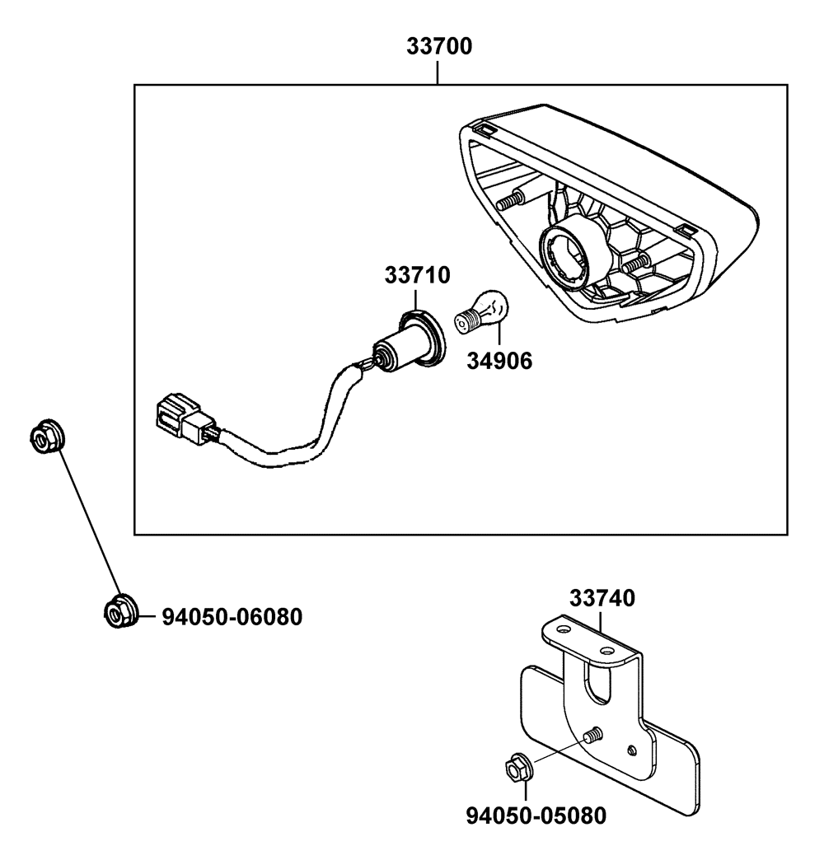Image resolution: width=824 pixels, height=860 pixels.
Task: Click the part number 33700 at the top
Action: (439, 47)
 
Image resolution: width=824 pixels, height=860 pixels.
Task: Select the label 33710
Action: (417, 275)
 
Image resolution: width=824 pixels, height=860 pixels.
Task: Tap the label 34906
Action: (499, 361)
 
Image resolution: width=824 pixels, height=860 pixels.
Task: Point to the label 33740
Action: (602, 598)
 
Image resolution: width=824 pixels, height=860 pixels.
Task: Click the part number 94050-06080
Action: (232, 617)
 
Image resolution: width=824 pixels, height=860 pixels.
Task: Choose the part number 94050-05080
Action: (536, 816)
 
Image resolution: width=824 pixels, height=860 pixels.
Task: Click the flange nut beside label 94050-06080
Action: (120, 611)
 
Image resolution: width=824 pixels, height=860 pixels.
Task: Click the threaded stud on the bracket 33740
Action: (592, 736)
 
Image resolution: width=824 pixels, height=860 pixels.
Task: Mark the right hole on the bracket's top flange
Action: (606, 651)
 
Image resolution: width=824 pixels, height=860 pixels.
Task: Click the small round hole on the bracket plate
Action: (631, 750)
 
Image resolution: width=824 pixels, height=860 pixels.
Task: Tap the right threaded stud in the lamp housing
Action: (636, 264)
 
